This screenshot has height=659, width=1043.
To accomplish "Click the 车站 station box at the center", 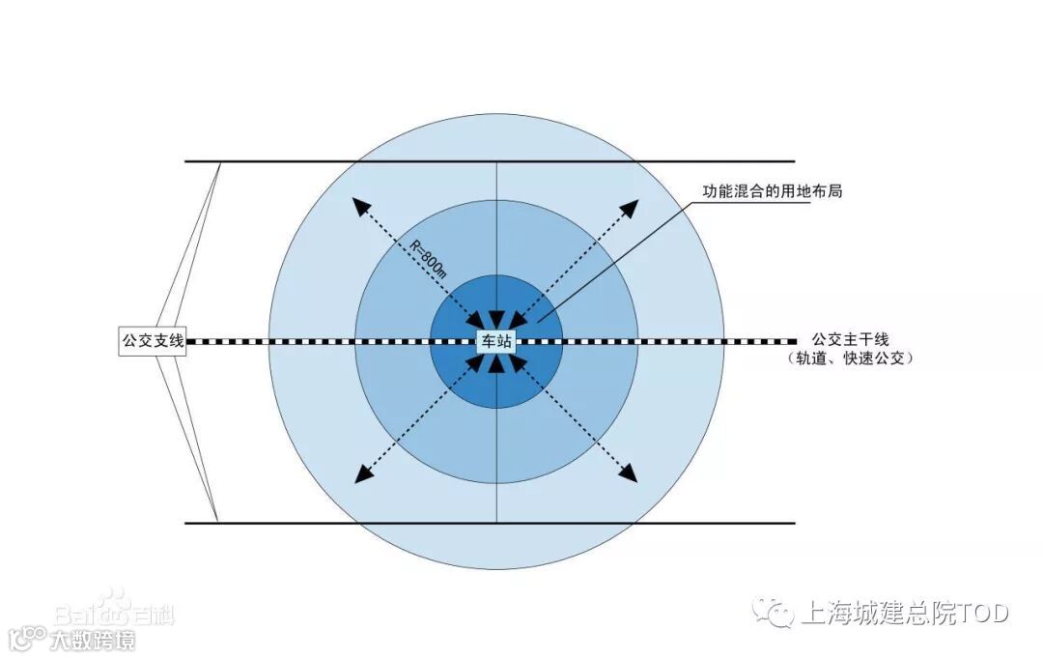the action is pos(496,341).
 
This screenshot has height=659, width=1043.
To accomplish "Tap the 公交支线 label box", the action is pos(152,341).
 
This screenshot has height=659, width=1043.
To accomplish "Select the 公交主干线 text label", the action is pos(850,339).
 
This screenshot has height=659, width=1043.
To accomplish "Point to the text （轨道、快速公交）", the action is pos(850,358).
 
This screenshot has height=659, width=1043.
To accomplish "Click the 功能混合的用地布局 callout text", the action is pos(772,192).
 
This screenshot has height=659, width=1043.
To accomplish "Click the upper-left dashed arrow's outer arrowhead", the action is pos(359,205).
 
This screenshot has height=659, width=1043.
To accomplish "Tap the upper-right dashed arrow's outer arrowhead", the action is pos(631,206).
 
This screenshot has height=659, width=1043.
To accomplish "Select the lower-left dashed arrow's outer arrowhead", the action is pos(362,474).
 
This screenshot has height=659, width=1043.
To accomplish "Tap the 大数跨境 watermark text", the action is pos(92,639).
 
